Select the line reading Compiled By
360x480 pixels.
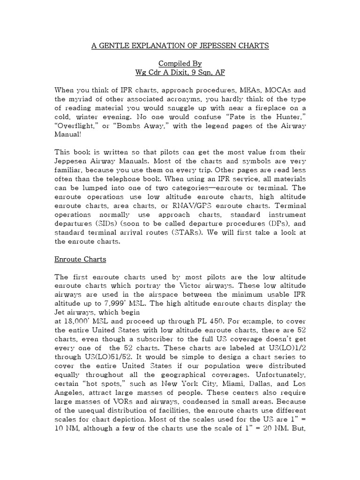click(x=180, y=63)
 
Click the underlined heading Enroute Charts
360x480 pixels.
click(x=81, y=259)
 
